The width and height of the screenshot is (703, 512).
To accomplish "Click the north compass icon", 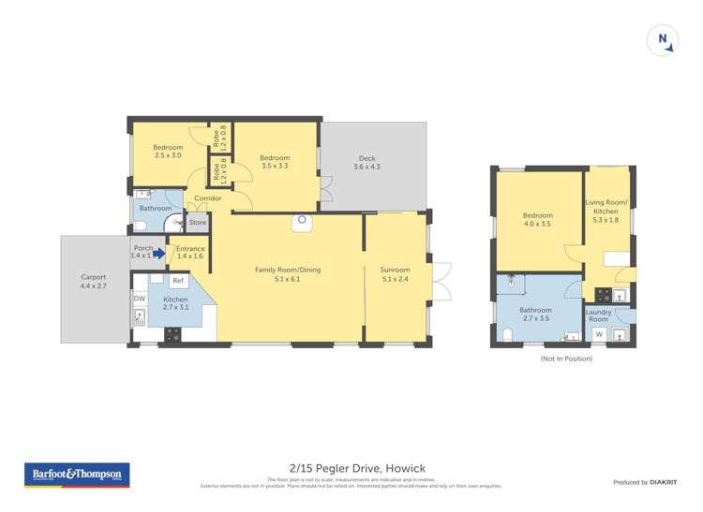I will point(663,40).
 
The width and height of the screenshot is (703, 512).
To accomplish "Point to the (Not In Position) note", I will point(566,358).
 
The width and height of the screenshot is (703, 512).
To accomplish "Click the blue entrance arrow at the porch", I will point(159,253).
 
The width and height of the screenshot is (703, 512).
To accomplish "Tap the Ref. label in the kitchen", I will point(177,281).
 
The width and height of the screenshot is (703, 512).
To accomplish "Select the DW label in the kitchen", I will point(139,299).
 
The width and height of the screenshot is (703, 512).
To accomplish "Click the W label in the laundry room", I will point(599,334).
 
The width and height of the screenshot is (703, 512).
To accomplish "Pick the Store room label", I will point(197,223).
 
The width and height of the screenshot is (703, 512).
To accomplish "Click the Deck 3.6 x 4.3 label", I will point(366,163).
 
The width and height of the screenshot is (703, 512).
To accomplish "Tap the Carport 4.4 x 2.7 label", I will point(93,282).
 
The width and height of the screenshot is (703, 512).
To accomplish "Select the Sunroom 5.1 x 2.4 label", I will point(396,274).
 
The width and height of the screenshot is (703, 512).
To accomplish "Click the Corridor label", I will point(207,198).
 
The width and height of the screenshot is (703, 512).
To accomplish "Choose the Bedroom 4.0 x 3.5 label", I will point(537,221).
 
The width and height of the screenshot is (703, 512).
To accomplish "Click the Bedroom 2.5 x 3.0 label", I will point(168,152).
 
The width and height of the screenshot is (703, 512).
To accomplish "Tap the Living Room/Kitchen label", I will point(606,207).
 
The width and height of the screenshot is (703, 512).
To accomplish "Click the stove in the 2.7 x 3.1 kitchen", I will point(173,333).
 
